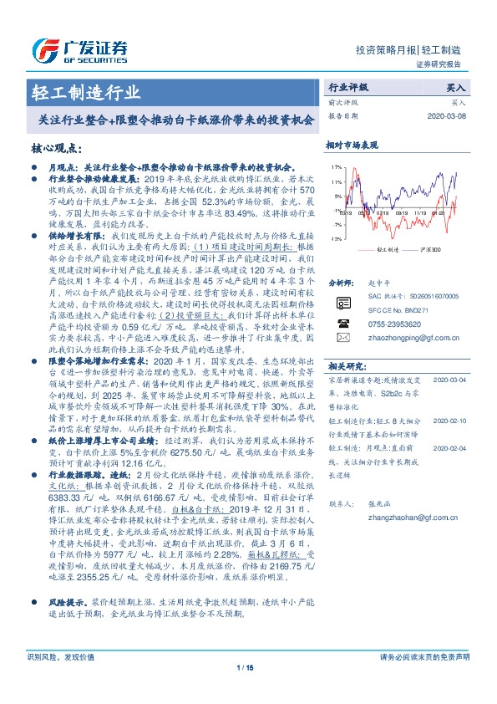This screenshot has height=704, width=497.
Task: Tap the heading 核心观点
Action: [x=57, y=148]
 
